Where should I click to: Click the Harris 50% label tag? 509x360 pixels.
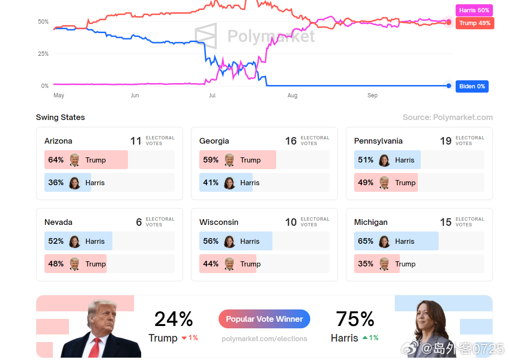474,10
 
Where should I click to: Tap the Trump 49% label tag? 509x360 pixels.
475,23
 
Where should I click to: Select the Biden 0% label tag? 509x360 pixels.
472,86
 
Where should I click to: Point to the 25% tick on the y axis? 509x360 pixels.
43,54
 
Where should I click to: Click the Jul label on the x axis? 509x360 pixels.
212,95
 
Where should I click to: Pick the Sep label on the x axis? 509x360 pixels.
373,95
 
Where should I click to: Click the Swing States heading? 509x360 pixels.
60,117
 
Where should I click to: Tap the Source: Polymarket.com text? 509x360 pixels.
447,117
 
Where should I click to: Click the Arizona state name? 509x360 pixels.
59,141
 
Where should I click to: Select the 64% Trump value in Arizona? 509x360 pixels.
56,160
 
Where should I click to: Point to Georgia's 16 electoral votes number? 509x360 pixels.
291,141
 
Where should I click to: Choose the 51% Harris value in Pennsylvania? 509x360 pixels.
365,160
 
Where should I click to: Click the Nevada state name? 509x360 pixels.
59,222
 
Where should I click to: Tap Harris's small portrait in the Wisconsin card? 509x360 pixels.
229,241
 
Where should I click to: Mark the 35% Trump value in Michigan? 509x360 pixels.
365,264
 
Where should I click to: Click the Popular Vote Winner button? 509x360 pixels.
264,319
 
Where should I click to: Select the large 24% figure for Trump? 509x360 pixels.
173,319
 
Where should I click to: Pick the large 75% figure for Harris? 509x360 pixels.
355,319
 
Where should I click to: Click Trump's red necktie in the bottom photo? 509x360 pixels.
97,348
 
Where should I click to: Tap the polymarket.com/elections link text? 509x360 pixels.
264,339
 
